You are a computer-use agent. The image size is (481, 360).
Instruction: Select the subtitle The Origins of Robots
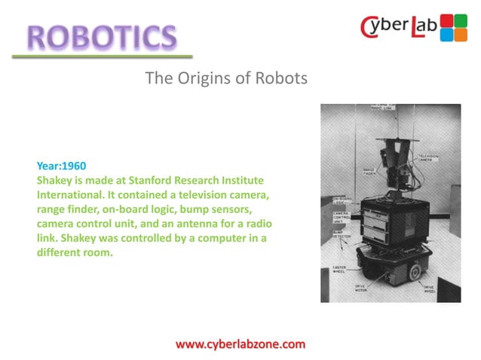pyautogui.click(x=226, y=78)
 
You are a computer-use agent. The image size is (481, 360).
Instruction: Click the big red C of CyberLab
pyautogui.click(x=371, y=29)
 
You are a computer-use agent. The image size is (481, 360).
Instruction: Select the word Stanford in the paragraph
pyautogui.click(x=174, y=180)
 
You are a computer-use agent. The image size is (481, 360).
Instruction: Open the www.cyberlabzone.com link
pyautogui.click(x=240, y=344)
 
